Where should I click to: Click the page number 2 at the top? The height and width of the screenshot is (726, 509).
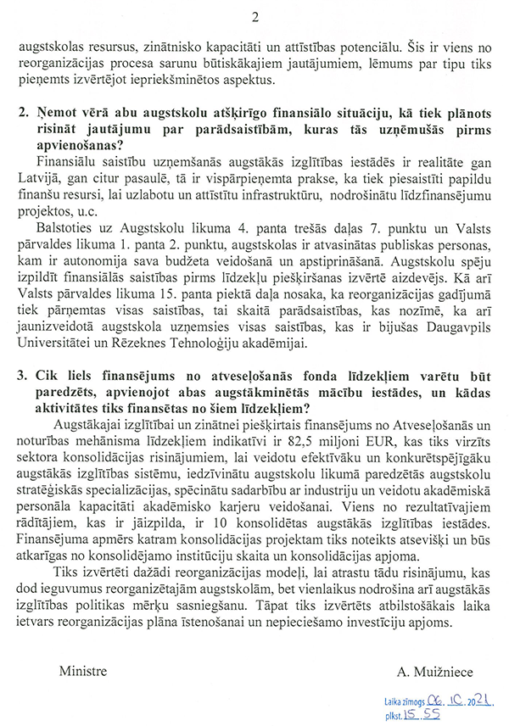255,19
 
